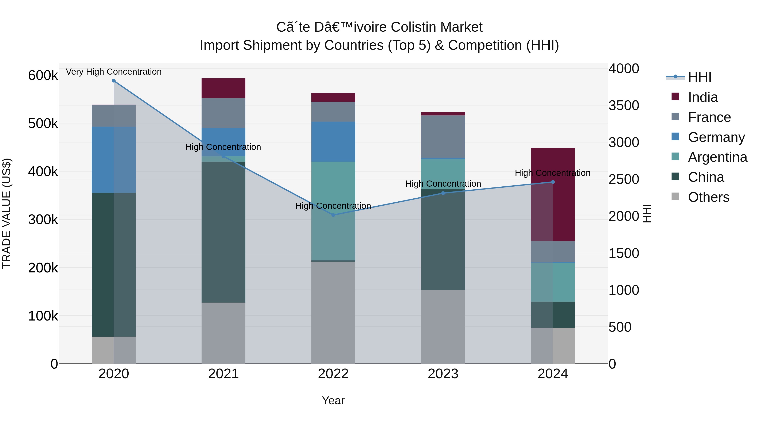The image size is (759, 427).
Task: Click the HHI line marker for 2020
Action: [x=114, y=81]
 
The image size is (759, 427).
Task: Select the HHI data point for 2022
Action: [x=333, y=215]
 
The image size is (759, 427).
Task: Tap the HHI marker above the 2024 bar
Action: [x=553, y=182]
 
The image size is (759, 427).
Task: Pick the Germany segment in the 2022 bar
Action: [x=333, y=142]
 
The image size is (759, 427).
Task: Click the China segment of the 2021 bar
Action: [x=223, y=232]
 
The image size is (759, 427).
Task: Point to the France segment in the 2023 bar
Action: [x=443, y=137]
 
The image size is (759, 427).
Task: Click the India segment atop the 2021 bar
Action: [x=223, y=88]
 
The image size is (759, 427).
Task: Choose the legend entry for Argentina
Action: [x=717, y=157]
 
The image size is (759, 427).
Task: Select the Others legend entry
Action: [x=708, y=197]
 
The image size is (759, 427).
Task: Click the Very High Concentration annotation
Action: [x=114, y=72]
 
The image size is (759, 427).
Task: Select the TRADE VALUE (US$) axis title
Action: [x=7, y=213]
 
